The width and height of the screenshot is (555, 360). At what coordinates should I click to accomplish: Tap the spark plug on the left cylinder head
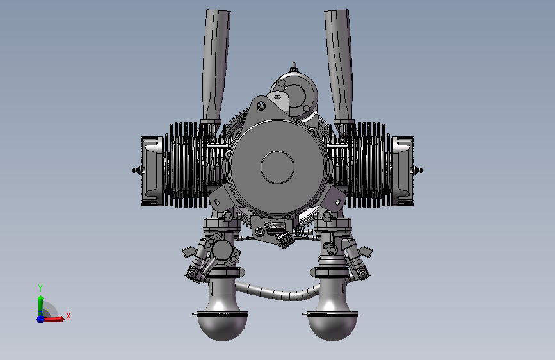pyautogui.click(x=136, y=170)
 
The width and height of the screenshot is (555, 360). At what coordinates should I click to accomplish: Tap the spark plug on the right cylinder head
pyautogui.click(x=418, y=170)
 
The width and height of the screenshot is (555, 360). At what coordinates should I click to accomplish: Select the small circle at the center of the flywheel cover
pyautogui.click(x=278, y=167)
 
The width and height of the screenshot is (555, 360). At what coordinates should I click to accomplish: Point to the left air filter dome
pyautogui.click(x=222, y=326)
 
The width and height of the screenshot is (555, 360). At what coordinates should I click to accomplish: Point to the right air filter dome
pyautogui.click(x=332, y=326)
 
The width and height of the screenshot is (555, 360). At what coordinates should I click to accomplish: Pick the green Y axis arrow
pyautogui.click(x=40, y=306)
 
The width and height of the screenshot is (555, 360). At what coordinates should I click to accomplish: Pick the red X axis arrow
pyautogui.click(x=53, y=319)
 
